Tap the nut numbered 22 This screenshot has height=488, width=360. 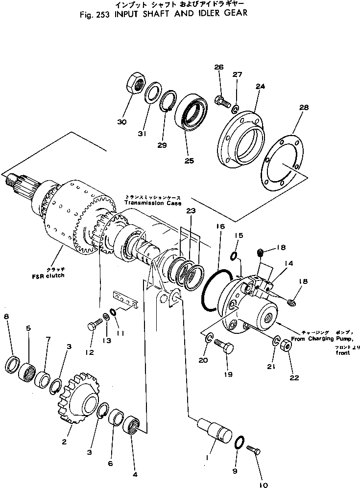[288, 347]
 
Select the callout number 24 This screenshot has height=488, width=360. [260, 86]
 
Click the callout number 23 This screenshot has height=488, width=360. [191, 211]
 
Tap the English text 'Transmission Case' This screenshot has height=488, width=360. [153, 203]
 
